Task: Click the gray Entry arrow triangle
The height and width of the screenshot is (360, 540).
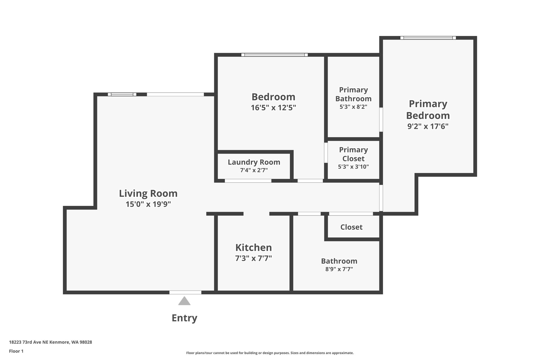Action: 184,301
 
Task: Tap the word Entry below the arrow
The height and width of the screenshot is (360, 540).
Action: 184,318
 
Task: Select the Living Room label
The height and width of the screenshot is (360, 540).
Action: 148,193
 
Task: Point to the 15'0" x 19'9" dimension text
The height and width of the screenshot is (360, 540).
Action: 148,204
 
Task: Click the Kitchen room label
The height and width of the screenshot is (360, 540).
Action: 253,247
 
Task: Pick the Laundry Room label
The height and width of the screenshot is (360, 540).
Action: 254,162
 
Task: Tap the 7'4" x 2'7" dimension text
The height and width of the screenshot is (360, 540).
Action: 254,170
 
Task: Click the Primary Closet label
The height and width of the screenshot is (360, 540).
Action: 353,154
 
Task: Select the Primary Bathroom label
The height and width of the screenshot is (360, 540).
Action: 353,94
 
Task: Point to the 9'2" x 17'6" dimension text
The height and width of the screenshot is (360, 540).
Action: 428,126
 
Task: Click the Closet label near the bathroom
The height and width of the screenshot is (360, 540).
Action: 351,227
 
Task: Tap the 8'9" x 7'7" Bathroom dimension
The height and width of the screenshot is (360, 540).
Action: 339,269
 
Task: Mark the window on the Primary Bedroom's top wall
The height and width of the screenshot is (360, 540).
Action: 428,38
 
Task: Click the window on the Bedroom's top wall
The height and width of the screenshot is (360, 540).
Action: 274,55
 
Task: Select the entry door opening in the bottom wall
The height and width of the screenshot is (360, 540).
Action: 185,292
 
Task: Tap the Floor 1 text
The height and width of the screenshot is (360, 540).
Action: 16,351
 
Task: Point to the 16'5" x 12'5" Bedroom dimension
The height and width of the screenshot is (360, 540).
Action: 273,108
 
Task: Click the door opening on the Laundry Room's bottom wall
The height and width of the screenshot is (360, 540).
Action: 248,181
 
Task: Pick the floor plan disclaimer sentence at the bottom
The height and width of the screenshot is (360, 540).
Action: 270,353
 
